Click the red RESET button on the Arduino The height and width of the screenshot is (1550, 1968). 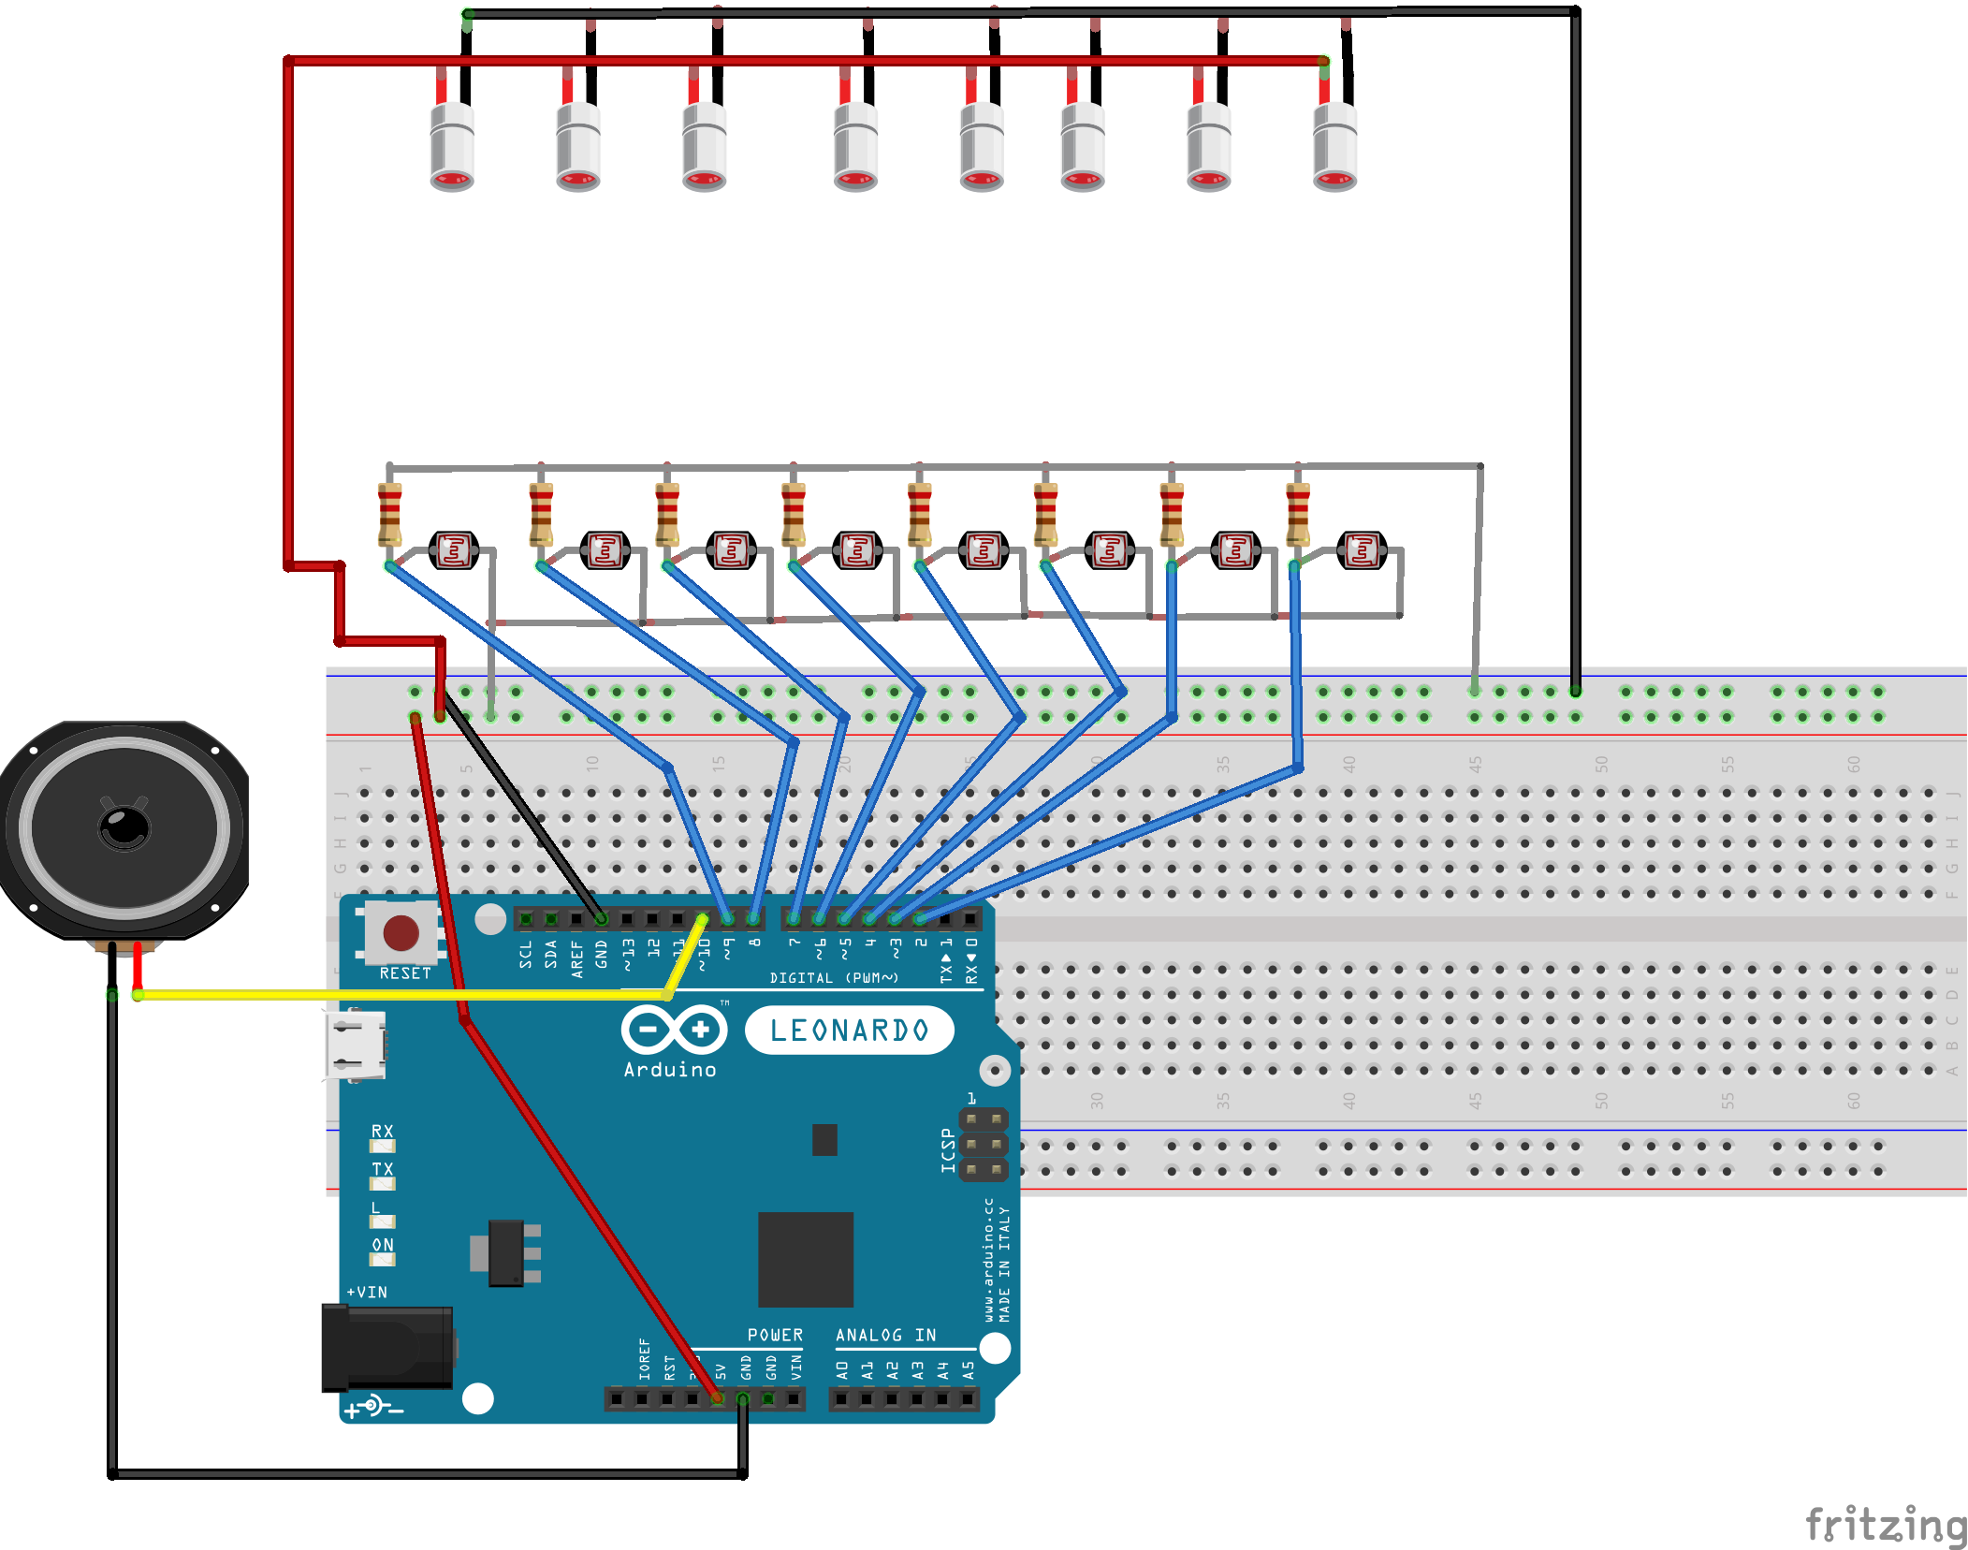tap(401, 932)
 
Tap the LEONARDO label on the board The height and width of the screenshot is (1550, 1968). tap(849, 1031)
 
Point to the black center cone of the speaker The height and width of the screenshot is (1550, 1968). tap(124, 827)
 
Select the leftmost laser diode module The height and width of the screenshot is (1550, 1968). tap(452, 146)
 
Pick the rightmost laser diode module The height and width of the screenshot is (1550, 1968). tap(1334, 146)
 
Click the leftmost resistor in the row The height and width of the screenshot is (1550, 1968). tap(389, 515)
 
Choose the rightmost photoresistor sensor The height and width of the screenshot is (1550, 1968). tap(1362, 550)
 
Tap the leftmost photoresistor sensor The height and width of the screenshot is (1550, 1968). tap(454, 550)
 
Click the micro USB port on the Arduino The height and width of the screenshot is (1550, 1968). tap(356, 1045)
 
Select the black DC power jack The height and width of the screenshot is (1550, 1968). tap(386, 1348)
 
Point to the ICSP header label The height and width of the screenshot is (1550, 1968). tap(948, 1149)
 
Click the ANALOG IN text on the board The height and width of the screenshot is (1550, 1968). tap(885, 1336)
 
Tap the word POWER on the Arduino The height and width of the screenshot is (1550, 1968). tap(775, 1336)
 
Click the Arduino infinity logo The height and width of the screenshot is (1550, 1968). tap(674, 1031)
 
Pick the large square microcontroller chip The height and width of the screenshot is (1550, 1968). tap(805, 1259)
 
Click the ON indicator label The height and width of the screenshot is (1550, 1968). tap(383, 1245)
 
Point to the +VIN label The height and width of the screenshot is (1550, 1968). tap(367, 1293)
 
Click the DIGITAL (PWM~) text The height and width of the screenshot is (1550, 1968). tap(834, 978)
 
